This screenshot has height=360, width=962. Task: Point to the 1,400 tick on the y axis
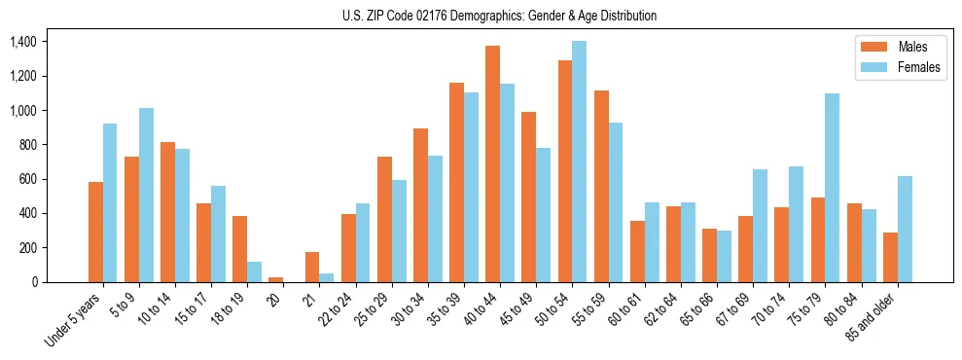click(x=22, y=42)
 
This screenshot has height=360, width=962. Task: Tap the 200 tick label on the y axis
click(x=28, y=248)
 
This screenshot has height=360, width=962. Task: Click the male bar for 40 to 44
click(x=492, y=163)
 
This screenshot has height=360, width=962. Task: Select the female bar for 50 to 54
click(x=579, y=162)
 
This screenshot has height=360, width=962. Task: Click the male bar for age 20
click(x=276, y=279)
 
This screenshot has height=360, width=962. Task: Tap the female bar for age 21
click(x=327, y=277)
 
